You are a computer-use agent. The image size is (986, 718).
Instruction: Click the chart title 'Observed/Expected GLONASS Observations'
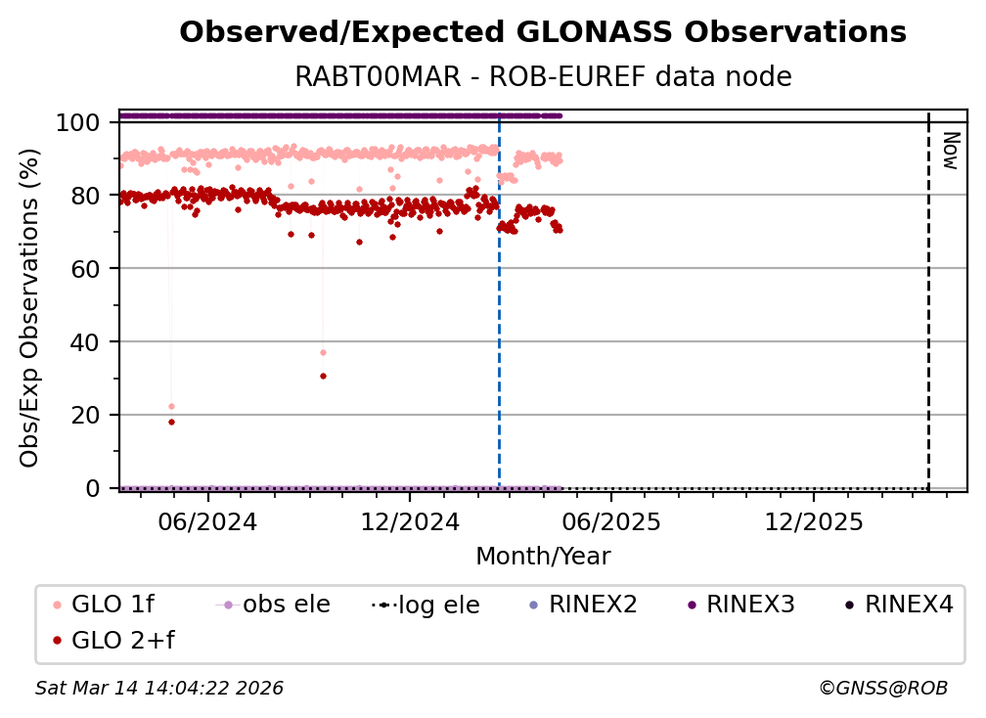(543, 32)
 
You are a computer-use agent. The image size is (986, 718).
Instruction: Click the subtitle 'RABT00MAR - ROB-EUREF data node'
(543, 77)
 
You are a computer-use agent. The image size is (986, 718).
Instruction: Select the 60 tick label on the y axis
(87, 269)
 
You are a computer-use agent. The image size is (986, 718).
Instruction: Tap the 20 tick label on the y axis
(87, 415)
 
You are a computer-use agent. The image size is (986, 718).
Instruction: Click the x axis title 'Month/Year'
(543, 557)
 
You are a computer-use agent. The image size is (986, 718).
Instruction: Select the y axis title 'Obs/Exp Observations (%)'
(30, 307)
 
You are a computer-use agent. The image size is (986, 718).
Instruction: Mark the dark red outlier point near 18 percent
(171, 422)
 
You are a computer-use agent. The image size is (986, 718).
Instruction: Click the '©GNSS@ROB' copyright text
(882, 689)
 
